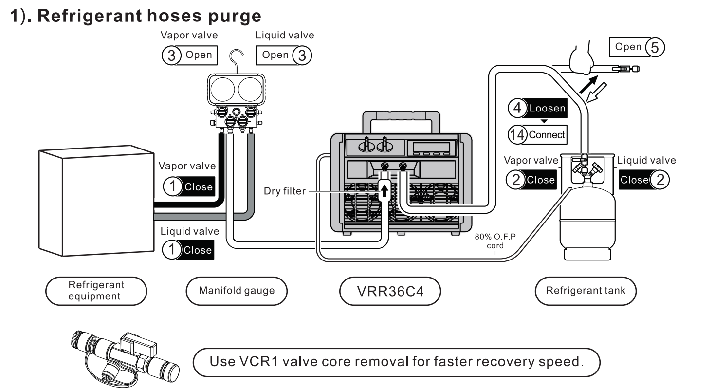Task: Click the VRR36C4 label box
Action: (390, 291)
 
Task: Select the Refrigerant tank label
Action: (586, 291)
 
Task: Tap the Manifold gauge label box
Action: (237, 291)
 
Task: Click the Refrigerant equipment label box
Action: (96, 291)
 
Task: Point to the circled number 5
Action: (654, 47)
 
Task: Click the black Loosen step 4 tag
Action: (537, 108)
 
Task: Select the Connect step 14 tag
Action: (537, 134)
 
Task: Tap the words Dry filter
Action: (285, 191)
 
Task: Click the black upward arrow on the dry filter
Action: (384, 188)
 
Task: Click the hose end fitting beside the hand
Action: (625, 69)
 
